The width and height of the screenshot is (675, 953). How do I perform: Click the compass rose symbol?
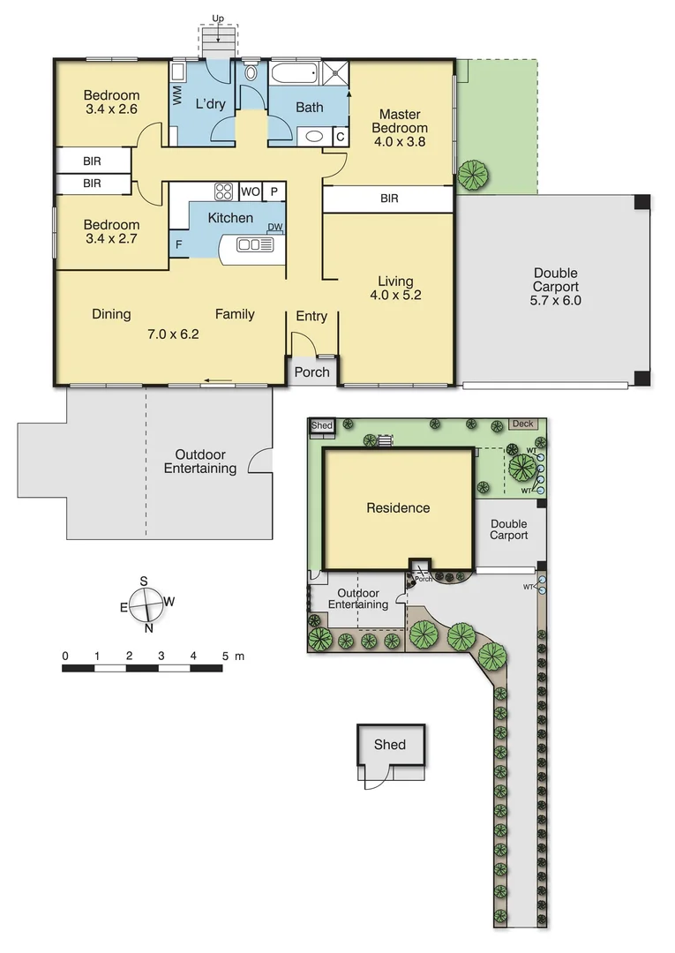[x=146, y=604]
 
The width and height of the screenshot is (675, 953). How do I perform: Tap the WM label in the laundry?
[x=176, y=92]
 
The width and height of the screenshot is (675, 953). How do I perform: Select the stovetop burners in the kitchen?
[x=223, y=191]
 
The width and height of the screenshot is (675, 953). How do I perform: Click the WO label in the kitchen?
[x=250, y=191]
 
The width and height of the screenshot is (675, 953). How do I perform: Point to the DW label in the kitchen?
[x=275, y=228]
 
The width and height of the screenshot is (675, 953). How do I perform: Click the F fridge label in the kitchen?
[x=179, y=245]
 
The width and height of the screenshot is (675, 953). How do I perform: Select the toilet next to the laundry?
[x=250, y=74]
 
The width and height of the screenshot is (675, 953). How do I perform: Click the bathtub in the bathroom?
[x=294, y=73]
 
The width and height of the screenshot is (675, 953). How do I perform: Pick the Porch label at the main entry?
[x=311, y=371]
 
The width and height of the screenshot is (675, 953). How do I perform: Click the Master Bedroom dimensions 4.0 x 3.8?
[x=400, y=140]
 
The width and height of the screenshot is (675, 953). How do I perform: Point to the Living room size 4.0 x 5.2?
[x=395, y=296]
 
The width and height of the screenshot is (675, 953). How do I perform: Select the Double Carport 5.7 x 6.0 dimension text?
[x=556, y=300]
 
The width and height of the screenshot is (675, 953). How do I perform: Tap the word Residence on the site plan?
[x=398, y=508]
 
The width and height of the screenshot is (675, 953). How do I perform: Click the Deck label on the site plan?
[x=522, y=424]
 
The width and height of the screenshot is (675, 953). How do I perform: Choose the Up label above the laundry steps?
[x=217, y=18]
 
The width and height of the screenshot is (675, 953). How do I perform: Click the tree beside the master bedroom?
[x=474, y=174]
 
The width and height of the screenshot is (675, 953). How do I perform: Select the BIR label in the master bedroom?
[x=389, y=199]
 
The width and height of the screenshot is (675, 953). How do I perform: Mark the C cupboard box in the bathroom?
[x=340, y=137]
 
